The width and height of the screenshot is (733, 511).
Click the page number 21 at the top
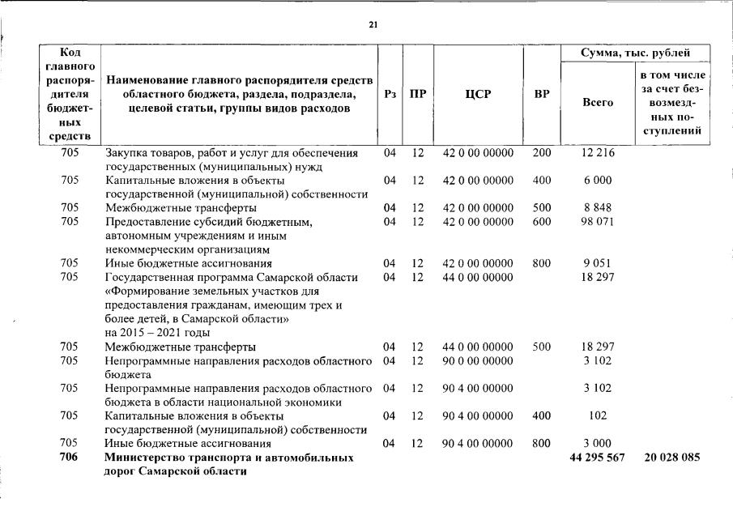[x=373, y=25]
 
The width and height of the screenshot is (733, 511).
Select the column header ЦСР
[x=478, y=95]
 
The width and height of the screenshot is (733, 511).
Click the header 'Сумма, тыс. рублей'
[x=637, y=54]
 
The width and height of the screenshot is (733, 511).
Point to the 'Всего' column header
[x=598, y=103]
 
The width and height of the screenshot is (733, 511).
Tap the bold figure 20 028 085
[x=672, y=458]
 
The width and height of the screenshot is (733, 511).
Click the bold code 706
[x=70, y=458]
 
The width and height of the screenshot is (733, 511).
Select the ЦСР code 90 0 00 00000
[x=478, y=360]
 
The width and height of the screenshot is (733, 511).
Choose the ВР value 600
[x=541, y=221]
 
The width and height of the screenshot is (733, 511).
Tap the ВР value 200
[x=541, y=153]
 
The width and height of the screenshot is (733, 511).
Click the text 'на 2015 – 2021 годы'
[x=157, y=332]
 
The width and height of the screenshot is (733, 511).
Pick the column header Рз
[x=390, y=95]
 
